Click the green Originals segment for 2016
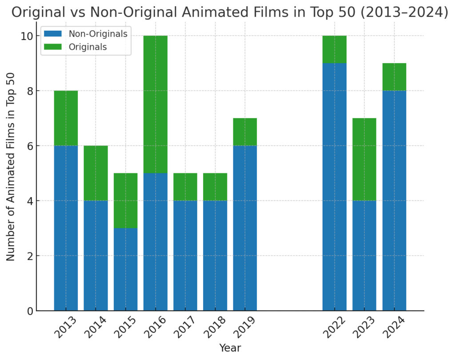(x=155, y=104)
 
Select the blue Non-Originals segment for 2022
(x=334, y=187)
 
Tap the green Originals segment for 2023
(x=364, y=160)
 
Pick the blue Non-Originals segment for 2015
(x=125, y=269)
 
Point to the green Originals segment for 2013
(x=66, y=118)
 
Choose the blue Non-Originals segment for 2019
(x=245, y=228)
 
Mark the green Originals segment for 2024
(x=394, y=77)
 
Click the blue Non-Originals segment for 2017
(x=185, y=256)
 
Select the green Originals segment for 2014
(x=96, y=173)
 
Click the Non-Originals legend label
(x=98, y=33)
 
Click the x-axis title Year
(x=230, y=348)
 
